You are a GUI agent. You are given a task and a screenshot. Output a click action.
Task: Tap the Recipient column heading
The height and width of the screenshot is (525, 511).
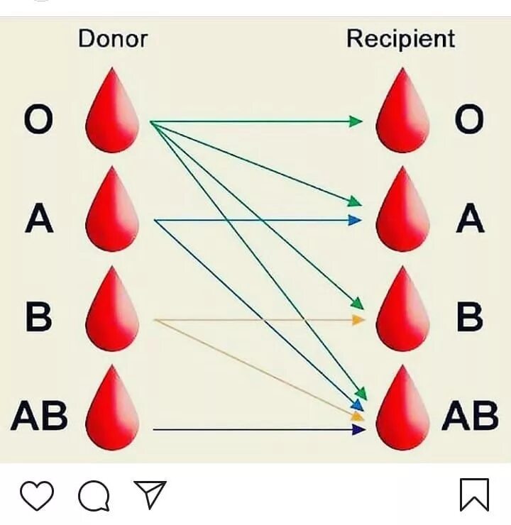click(x=400, y=38)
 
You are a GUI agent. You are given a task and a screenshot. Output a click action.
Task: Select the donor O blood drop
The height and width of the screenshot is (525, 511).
click(x=112, y=114)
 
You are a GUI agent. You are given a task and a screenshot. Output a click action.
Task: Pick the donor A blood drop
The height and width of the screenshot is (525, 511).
click(x=112, y=212)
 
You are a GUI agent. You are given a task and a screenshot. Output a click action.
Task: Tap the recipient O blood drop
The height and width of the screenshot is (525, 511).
click(x=402, y=114)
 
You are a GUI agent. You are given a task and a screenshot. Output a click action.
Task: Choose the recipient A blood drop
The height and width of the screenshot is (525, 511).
click(x=402, y=212)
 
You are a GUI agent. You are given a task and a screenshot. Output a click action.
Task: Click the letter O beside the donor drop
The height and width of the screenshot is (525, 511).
click(x=38, y=121)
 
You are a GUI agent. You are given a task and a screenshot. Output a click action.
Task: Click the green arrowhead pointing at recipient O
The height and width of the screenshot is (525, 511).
click(x=356, y=121)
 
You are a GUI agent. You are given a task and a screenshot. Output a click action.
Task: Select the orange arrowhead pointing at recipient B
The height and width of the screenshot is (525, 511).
click(x=358, y=320)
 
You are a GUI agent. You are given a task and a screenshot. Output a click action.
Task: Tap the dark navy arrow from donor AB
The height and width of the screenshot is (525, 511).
click(x=255, y=429)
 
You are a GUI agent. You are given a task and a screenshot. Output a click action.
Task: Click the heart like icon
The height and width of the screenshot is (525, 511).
click(x=36, y=495)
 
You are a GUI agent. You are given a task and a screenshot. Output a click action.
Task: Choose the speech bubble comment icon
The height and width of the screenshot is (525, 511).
click(x=94, y=495)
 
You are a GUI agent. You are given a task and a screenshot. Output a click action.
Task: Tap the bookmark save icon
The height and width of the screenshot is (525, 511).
click(x=474, y=494)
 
